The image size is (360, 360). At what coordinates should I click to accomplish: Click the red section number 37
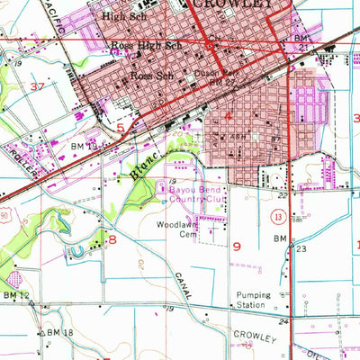coord(37,85)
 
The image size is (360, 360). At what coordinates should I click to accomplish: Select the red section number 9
coord(237,245)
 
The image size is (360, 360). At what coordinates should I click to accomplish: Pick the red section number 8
coord(112,240)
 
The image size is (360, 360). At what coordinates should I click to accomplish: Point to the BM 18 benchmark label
coord(58,333)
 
